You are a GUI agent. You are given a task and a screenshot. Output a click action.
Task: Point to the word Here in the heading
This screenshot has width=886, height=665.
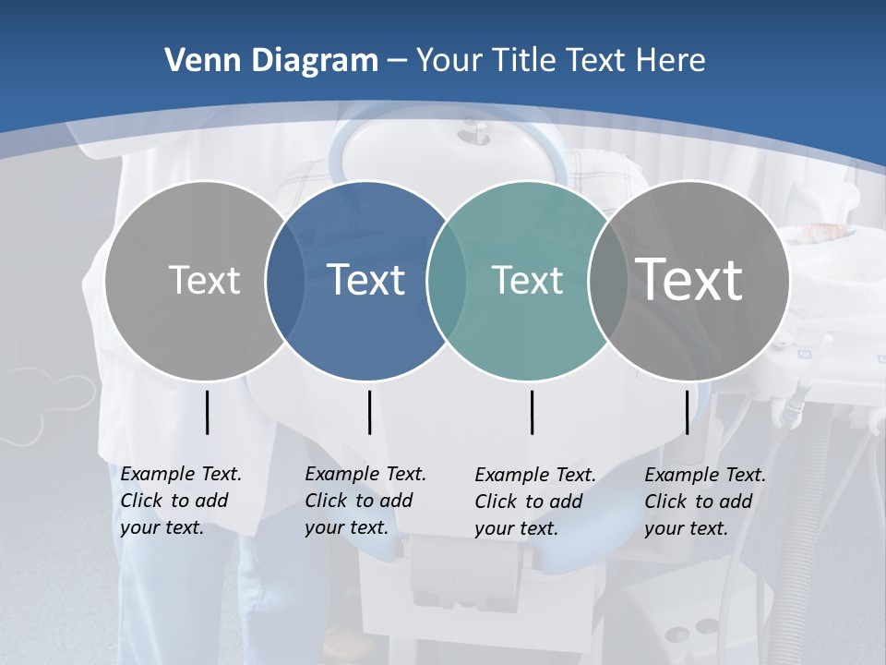tap(670, 61)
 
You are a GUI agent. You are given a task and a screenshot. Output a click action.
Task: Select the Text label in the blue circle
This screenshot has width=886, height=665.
tap(366, 280)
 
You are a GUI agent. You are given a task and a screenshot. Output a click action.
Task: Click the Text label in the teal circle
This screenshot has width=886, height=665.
tap(527, 280)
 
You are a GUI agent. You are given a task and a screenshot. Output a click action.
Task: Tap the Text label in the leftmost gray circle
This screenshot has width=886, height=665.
tap(204, 280)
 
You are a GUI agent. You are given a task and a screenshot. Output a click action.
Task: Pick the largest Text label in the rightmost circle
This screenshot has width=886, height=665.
tap(689, 279)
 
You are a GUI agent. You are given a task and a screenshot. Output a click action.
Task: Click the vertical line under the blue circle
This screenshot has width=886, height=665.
tap(369, 413)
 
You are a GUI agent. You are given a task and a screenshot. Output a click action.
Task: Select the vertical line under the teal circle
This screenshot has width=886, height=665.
tap(533, 413)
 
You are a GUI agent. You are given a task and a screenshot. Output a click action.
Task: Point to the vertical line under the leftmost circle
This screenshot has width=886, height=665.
tap(207, 413)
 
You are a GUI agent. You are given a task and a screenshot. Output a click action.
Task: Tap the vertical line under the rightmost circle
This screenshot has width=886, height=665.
tap(687, 413)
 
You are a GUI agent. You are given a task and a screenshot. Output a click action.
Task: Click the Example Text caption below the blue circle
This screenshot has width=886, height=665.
tap(365, 501)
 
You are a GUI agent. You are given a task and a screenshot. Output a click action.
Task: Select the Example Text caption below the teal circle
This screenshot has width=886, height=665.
tap(534, 502)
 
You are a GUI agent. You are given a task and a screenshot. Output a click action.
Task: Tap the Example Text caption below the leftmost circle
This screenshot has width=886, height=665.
tap(180, 501)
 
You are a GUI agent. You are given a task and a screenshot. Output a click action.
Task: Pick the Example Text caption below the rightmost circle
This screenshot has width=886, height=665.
tap(704, 502)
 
